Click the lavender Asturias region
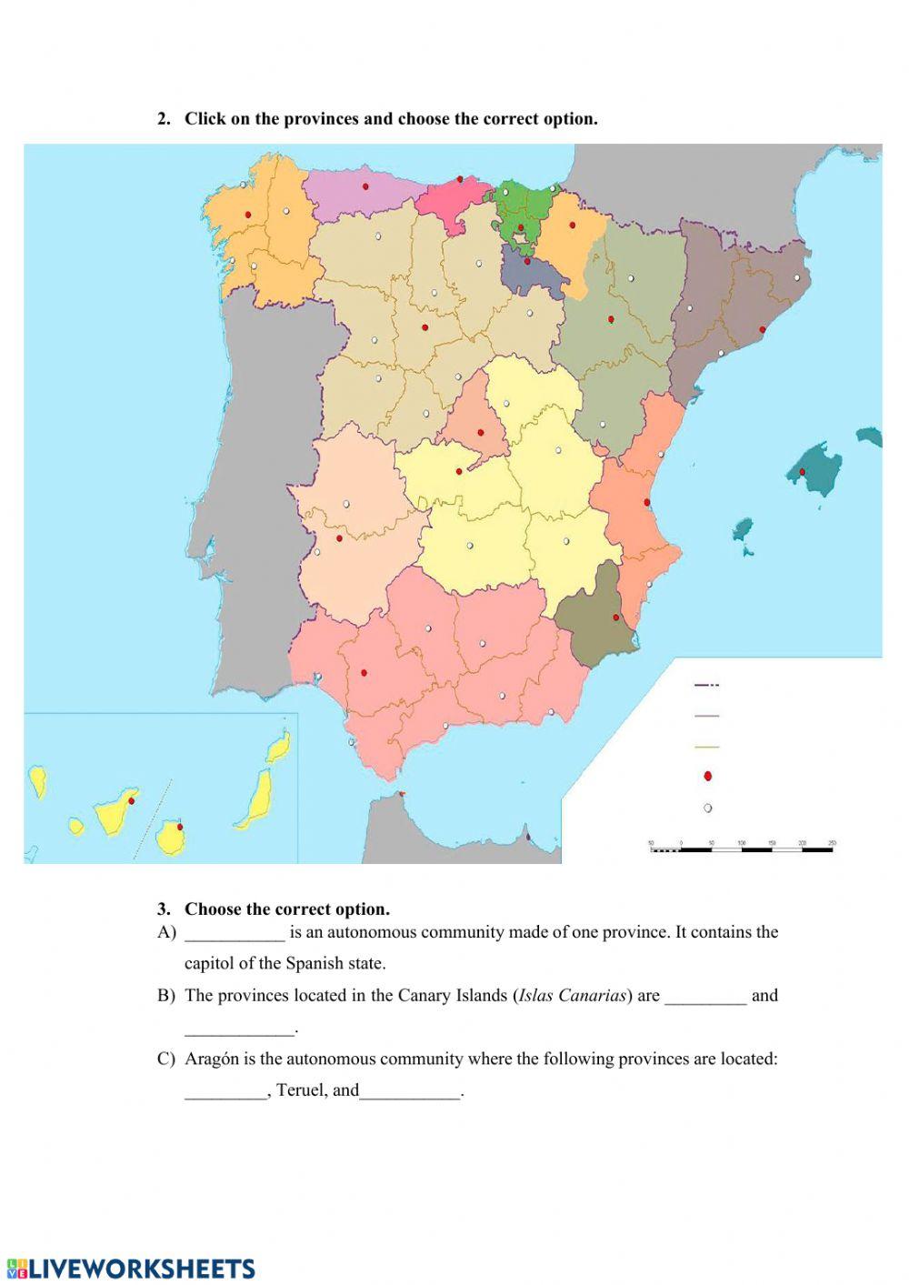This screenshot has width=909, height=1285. [x=364, y=192]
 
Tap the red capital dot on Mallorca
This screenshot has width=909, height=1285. [x=802, y=472]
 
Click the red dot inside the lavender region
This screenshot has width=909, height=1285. [x=365, y=186]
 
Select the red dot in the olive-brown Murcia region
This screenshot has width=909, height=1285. [x=616, y=617]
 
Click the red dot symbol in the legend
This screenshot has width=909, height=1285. [x=707, y=777]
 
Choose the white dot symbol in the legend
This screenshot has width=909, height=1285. [x=707, y=808]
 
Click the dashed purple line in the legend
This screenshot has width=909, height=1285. [x=706, y=685]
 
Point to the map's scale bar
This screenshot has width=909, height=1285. [x=742, y=848]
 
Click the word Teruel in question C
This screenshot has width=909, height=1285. [x=299, y=1090]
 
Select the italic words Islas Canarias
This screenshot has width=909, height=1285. [x=572, y=995]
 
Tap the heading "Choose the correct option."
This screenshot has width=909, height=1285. [x=286, y=909]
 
